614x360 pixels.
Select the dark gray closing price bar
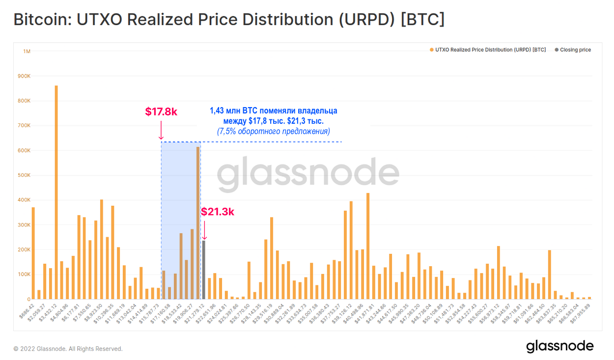pos(204,270)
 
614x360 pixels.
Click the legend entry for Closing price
pos(575,50)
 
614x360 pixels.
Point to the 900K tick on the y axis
pos(24,76)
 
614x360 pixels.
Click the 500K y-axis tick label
pos(24,175)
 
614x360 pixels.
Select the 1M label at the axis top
pos(27,51)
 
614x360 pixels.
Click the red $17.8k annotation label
pos(161,112)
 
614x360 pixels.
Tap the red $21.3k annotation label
pos(218,212)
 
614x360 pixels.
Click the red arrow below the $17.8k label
pos(161,132)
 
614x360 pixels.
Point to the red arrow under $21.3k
pos(204,230)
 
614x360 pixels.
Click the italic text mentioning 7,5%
pos(273,132)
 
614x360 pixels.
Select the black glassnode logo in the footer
pos(560,346)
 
